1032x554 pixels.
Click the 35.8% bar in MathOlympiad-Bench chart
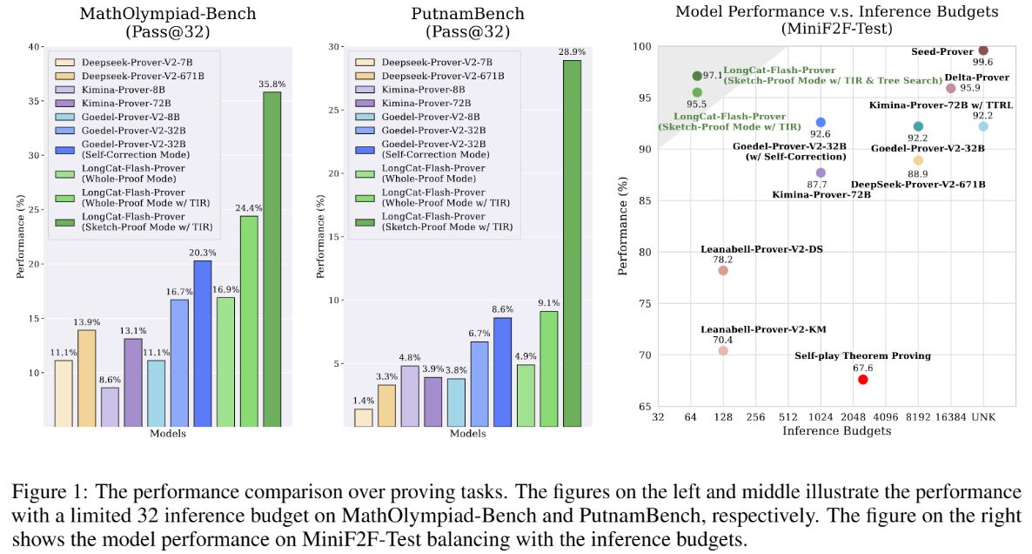(x=271, y=259)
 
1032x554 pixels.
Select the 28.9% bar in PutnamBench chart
(x=572, y=243)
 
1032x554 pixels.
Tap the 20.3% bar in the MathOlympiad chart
(x=203, y=343)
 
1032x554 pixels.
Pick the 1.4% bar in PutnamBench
(x=364, y=417)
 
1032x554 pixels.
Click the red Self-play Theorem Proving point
(x=863, y=380)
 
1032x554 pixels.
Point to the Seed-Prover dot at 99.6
(x=983, y=50)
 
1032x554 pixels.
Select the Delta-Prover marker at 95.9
(x=950, y=88)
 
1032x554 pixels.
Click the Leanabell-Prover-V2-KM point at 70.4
(x=723, y=350)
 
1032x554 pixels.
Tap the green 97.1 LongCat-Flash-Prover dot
(x=697, y=77)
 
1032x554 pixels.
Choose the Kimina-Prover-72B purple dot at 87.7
(x=820, y=172)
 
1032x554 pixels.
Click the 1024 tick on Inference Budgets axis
(x=820, y=417)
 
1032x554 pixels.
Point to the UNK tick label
(x=983, y=417)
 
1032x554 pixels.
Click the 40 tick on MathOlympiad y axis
(x=34, y=47)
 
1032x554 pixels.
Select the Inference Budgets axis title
(x=836, y=431)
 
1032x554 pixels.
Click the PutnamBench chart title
(x=468, y=23)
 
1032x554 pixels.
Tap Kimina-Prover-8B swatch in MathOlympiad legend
(x=64, y=90)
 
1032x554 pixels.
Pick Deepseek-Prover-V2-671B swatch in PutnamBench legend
(x=365, y=76)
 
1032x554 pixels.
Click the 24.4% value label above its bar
(x=249, y=208)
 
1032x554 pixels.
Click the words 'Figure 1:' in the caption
(x=50, y=493)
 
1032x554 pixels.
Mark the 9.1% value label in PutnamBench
(x=549, y=303)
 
